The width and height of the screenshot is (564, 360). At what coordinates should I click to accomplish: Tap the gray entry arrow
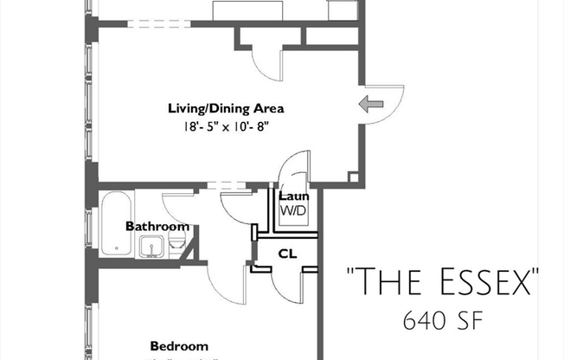(371, 105)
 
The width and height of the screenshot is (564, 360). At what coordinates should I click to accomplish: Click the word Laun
(289, 196)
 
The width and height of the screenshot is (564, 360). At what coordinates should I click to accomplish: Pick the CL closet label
(287, 254)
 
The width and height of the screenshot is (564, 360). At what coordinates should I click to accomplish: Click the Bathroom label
(157, 227)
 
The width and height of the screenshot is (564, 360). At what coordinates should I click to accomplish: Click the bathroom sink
(152, 247)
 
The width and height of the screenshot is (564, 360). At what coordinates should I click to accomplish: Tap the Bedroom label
(179, 344)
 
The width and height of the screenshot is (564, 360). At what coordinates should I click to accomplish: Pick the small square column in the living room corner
(353, 177)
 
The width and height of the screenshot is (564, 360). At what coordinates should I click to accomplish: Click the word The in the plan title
(386, 282)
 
